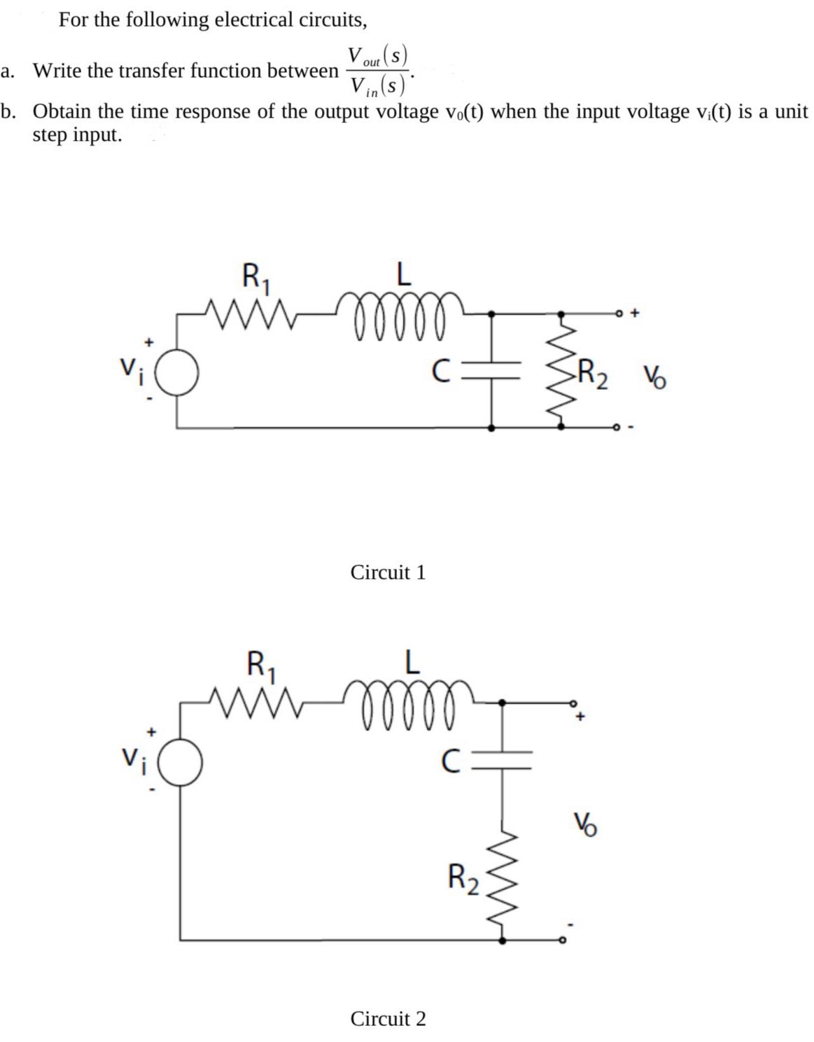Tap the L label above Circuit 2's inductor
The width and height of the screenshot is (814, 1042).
tap(412, 663)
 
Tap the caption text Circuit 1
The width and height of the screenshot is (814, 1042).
tap(388, 572)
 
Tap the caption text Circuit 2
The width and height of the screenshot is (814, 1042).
tap(388, 1018)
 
